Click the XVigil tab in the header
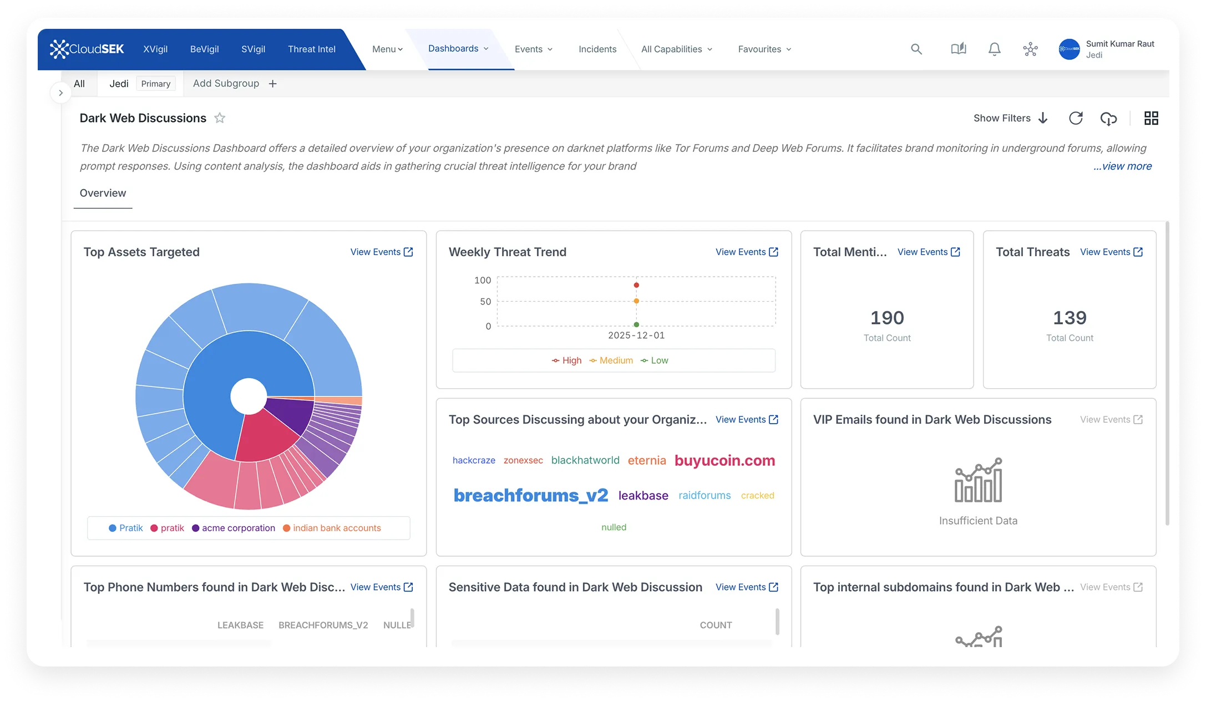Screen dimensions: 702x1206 (x=155, y=49)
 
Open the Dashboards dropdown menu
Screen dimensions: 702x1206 (x=458, y=49)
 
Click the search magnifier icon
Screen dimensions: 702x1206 (x=916, y=49)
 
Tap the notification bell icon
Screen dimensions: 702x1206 (x=994, y=49)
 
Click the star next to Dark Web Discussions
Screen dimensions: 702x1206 (x=220, y=118)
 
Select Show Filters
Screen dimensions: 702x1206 (x=1010, y=118)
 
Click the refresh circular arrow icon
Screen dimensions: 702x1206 (x=1076, y=118)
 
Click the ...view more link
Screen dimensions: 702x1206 (x=1122, y=166)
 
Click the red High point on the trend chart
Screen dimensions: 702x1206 (x=636, y=285)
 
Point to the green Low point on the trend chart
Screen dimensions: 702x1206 (x=636, y=324)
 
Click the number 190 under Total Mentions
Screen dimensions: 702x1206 (x=886, y=318)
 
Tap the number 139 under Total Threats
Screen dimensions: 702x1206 (x=1069, y=318)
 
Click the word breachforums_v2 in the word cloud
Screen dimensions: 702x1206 (x=530, y=495)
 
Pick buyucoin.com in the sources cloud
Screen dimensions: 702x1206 (x=724, y=460)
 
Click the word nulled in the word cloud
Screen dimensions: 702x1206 (x=614, y=527)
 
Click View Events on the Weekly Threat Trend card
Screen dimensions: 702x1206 (x=746, y=252)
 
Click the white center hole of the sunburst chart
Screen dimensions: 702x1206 (x=249, y=396)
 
